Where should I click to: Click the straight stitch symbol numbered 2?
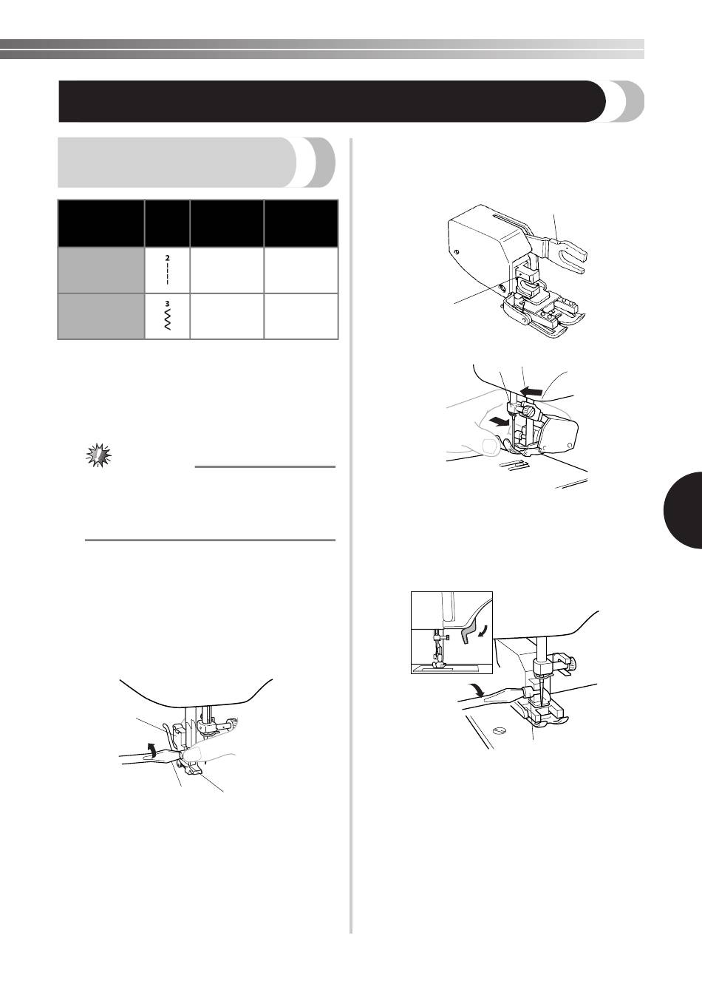(x=167, y=269)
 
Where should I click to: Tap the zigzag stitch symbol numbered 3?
(x=167, y=316)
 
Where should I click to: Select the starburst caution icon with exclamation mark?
(x=98, y=455)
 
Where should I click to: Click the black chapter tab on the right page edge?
(x=684, y=511)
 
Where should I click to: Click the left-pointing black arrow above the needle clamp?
(x=531, y=391)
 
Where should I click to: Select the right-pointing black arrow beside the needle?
(x=497, y=423)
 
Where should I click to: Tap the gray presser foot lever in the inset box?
(x=468, y=634)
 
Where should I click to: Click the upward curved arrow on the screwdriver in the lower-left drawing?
(x=151, y=748)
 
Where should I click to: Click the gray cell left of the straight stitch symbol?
(x=101, y=270)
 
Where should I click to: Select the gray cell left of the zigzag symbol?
(x=101, y=316)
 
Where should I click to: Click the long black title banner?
(x=332, y=101)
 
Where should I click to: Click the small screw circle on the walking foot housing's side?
(x=457, y=252)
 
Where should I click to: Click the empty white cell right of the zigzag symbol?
(x=227, y=316)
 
